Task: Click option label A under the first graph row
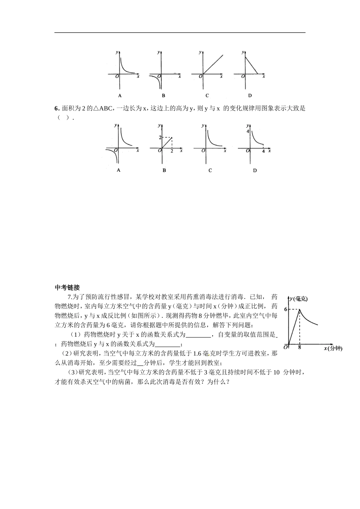[120, 95]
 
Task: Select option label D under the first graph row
[250, 95]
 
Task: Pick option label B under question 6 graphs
[164, 170]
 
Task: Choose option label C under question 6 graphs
[210, 170]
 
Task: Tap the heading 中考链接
[67, 287]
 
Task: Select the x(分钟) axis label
[333, 348]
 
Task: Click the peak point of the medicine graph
[299, 310]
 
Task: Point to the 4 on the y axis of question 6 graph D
[248, 131]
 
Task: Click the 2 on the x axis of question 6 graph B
[172, 151]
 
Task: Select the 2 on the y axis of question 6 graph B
[160, 137]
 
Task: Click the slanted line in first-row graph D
[252, 65]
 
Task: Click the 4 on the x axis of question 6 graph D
[263, 151]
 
